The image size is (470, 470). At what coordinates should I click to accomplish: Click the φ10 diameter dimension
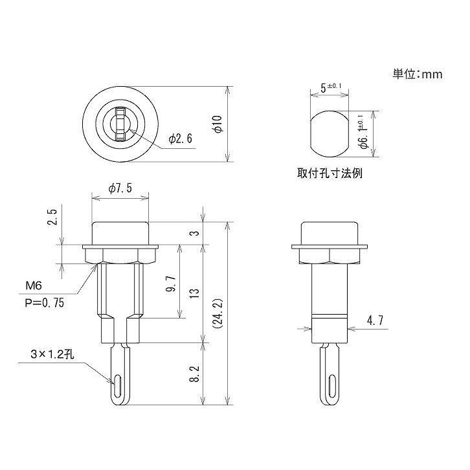(x=218, y=124)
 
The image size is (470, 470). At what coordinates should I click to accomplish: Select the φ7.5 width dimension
(x=120, y=188)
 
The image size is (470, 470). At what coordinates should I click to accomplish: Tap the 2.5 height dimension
(x=52, y=217)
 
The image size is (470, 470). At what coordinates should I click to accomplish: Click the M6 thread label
(x=34, y=285)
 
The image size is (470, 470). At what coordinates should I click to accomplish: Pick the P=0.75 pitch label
(x=44, y=303)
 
